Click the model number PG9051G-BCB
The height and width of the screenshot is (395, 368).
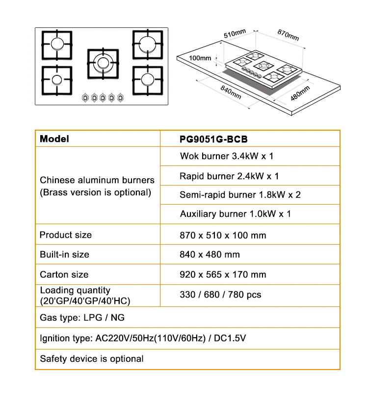[x=213, y=139]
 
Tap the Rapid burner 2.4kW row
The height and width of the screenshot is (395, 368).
[x=229, y=176]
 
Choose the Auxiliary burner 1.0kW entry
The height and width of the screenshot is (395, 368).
[x=235, y=214]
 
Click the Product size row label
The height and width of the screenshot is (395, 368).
[x=66, y=235]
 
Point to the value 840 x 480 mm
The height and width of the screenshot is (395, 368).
[x=210, y=255]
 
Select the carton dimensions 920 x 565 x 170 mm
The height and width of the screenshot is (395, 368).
[x=223, y=274]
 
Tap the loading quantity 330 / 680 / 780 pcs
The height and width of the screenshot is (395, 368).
[x=220, y=295]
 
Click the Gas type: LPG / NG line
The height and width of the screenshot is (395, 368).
[x=82, y=318]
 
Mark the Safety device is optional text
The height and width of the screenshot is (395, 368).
[x=92, y=359]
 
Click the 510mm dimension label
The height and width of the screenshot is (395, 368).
[x=235, y=33]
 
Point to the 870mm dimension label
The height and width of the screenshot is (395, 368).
[x=288, y=35]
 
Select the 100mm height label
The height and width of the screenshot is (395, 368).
[x=200, y=58]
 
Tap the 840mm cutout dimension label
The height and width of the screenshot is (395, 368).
[x=231, y=92]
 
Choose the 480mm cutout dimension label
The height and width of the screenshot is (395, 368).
[x=300, y=93]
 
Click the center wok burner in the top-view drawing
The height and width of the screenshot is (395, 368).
[x=103, y=63]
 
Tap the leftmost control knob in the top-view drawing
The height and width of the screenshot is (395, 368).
[x=85, y=97]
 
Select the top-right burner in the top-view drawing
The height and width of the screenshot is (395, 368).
[x=148, y=45]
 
